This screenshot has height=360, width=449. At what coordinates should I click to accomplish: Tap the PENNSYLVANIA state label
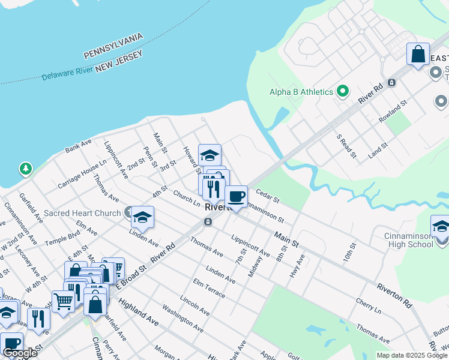point(113,46)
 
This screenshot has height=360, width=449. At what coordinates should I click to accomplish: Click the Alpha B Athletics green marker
point(343,92)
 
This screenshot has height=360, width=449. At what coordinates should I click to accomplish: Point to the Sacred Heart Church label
point(82,213)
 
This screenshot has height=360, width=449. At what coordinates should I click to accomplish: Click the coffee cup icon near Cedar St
point(237,196)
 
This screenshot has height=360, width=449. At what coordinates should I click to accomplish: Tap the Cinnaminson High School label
point(409,241)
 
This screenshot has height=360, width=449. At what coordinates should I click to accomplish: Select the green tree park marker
point(25,169)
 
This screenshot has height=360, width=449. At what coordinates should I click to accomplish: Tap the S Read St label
point(346,146)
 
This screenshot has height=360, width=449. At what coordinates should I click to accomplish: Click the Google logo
point(19,353)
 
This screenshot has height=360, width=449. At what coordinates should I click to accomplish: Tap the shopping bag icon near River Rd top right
point(418,54)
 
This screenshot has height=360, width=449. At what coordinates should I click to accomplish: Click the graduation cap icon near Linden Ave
point(143,217)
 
